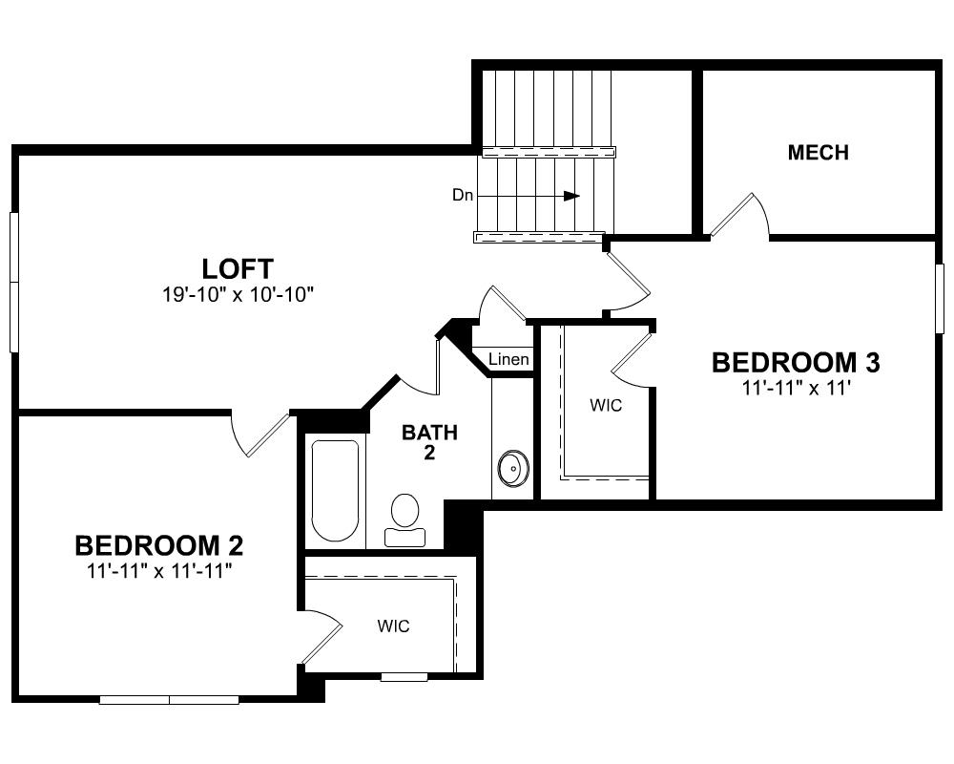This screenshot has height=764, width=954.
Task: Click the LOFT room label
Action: pos(238,268)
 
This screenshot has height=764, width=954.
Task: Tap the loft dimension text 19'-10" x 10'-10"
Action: pos(238,295)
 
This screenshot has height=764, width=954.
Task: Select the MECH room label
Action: pos(818,152)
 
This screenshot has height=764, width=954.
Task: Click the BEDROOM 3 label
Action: pos(796,363)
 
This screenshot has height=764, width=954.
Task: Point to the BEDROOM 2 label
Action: pos(158,545)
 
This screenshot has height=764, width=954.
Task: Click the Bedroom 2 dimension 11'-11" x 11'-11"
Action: pos(159,571)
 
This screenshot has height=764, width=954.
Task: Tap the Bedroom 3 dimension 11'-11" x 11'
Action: pos(796,388)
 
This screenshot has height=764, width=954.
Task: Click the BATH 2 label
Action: pos(429,442)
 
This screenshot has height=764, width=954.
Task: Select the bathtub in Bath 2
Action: pos(335,491)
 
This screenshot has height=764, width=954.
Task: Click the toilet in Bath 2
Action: pos(404,520)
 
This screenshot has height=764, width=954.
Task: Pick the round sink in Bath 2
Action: pos(513,468)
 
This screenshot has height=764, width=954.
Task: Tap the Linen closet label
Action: pos(508,359)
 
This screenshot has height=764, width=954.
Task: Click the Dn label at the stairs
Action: pos(463,195)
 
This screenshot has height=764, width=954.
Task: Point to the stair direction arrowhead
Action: pos(571,196)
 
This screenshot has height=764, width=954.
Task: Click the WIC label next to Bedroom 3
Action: pos(606,405)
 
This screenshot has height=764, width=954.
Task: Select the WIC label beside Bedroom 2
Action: pos(393,626)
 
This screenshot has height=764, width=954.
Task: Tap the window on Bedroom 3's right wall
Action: pos(940,299)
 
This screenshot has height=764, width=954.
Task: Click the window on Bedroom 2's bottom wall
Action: pos(169,700)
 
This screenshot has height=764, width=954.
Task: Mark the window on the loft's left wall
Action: pos(14,282)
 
